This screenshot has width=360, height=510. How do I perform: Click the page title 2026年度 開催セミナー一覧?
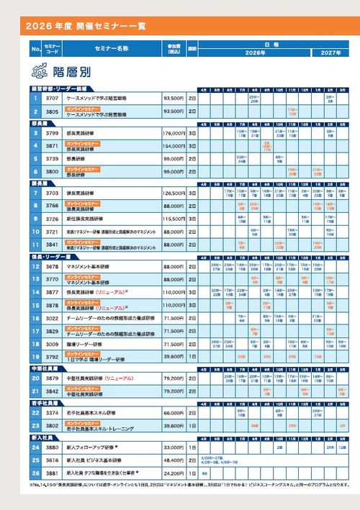tap(86, 27)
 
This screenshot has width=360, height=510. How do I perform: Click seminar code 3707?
tap(52, 97)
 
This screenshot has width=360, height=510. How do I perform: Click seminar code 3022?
tap(52, 318)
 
